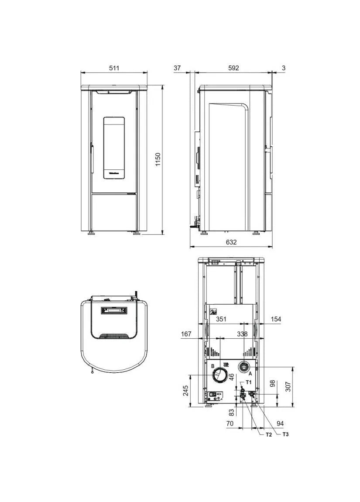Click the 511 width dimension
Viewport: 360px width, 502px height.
[x=114, y=68]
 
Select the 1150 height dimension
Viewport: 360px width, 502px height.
[x=158, y=159]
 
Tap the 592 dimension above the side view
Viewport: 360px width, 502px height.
[x=233, y=68]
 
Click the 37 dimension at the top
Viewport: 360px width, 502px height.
[x=177, y=68]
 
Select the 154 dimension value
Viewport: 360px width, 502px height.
[x=275, y=320]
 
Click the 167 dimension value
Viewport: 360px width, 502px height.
[x=186, y=334]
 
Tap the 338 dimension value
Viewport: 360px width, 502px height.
[x=242, y=334]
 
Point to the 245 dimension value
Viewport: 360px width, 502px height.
[x=185, y=390]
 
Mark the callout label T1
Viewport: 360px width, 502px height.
[x=249, y=382]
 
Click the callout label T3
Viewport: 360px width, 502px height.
[x=285, y=434]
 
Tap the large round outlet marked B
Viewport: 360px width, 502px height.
[x=219, y=375]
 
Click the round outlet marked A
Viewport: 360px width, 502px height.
[x=243, y=368]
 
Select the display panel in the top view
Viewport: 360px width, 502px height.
[x=114, y=310]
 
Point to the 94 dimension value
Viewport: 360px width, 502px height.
[x=280, y=423]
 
